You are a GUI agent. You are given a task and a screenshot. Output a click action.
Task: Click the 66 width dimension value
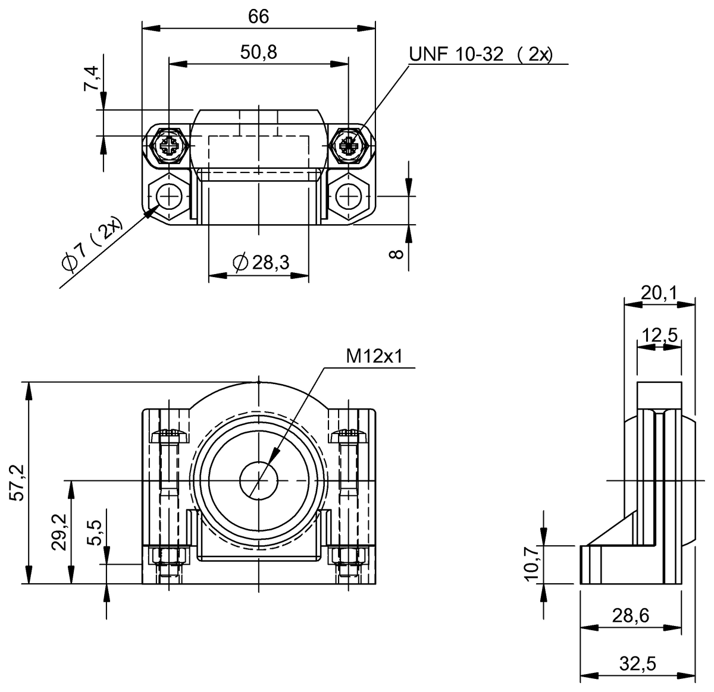click(x=258, y=17)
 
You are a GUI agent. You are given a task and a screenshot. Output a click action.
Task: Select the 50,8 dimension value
click(x=258, y=53)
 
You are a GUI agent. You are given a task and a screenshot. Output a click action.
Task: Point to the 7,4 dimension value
click(x=92, y=78)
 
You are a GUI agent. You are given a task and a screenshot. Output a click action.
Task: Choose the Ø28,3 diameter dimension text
click(x=260, y=262)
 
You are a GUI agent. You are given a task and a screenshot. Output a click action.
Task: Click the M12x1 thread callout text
click(x=375, y=356)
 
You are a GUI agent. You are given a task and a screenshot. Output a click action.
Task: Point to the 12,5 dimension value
click(x=659, y=335)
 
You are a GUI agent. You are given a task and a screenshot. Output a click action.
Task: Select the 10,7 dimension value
click(x=533, y=564)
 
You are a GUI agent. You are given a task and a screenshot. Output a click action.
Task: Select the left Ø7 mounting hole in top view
click(x=169, y=196)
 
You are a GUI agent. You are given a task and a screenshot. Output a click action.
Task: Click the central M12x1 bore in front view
click(x=259, y=480)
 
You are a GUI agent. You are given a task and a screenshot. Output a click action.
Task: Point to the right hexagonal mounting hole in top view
click(x=349, y=196)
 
